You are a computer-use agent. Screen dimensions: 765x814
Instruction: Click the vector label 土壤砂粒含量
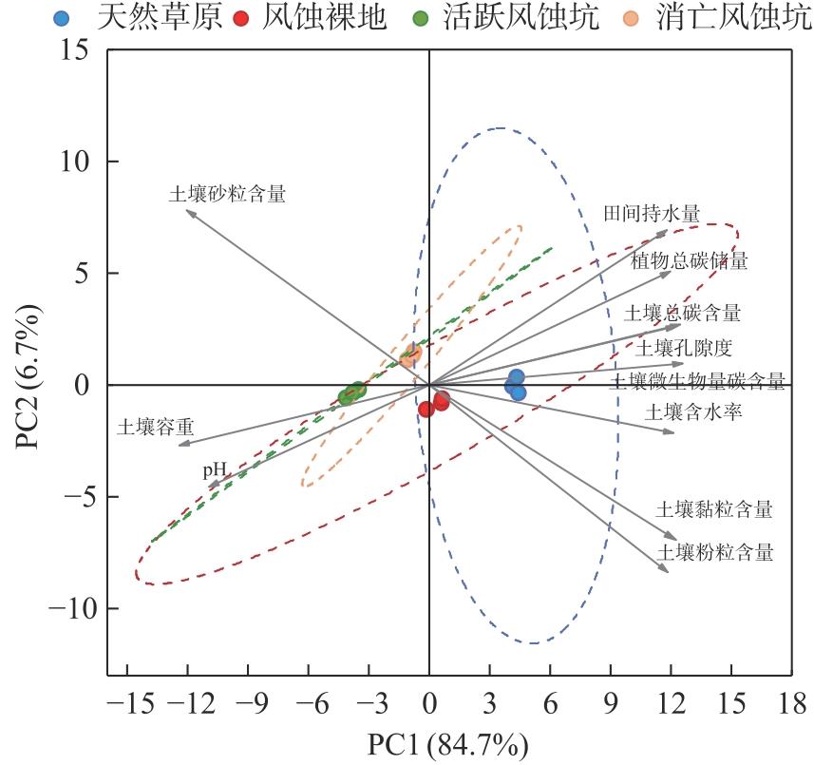227,194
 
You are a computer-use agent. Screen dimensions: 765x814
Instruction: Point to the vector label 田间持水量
652,213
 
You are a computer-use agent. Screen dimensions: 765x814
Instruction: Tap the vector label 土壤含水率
693,412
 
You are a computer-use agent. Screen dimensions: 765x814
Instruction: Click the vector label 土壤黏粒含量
713,510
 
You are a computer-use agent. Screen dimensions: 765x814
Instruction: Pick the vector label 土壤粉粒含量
715,552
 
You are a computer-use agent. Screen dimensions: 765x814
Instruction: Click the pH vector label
214,470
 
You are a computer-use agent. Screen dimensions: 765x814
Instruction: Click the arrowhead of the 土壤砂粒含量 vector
187,211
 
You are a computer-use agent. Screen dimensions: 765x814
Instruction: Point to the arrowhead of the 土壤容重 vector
180,445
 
